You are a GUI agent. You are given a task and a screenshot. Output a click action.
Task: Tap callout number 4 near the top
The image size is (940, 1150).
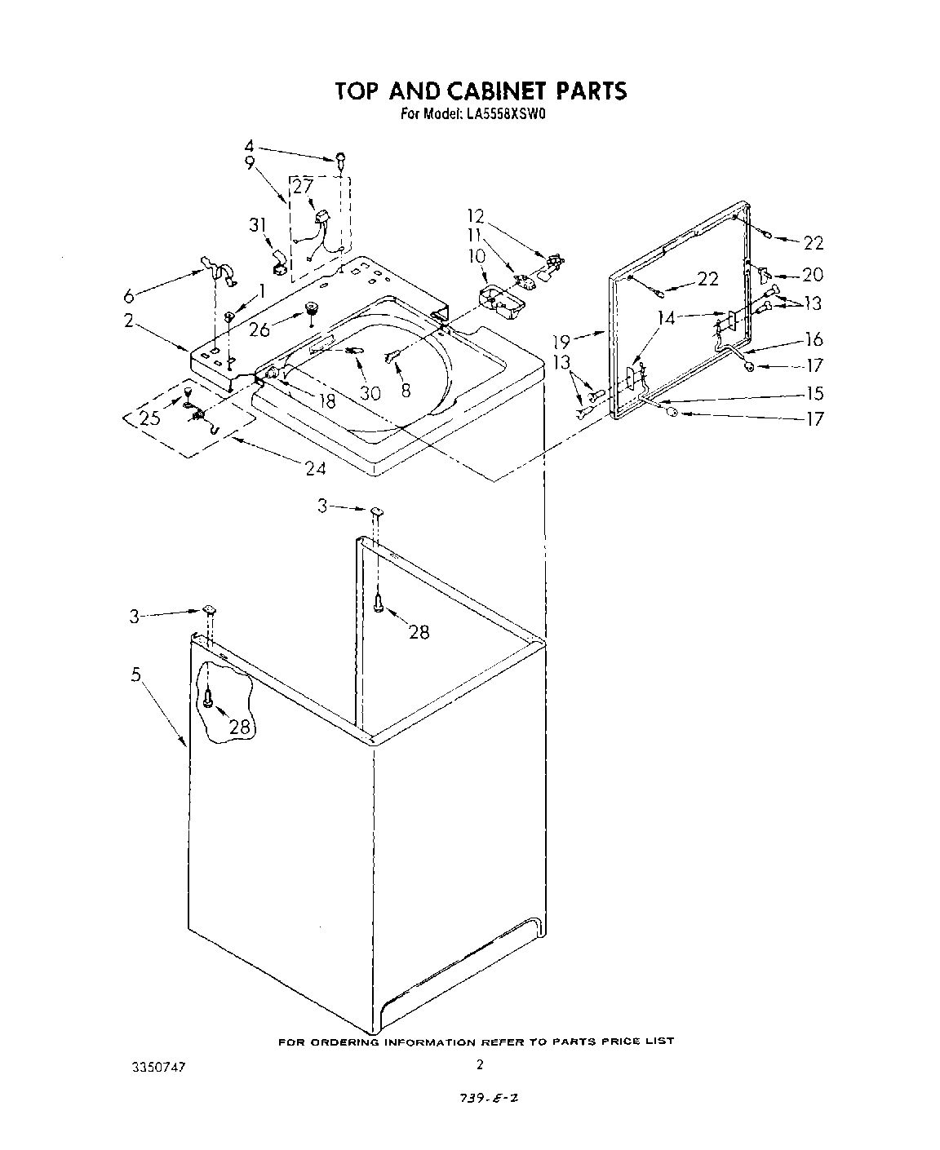[x=250, y=147]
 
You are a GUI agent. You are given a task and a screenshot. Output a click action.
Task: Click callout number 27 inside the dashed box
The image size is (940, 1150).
[x=303, y=187]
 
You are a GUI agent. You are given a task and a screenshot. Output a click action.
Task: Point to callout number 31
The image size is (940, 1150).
[x=258, y=225]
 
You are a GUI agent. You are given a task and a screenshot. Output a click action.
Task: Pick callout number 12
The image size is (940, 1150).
[x=476, y=217]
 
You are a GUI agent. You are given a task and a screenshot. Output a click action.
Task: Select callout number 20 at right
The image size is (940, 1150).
[x=813, y=275]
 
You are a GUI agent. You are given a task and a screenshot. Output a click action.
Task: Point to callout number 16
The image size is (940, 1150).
[x=814, y=340]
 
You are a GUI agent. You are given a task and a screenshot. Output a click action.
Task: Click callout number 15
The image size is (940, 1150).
[x=814, y=393]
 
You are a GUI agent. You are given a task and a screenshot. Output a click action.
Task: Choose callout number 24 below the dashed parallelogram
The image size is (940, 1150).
[x=316, y=468]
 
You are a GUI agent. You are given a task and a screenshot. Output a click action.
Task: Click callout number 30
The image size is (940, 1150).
[x=370, y=393]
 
